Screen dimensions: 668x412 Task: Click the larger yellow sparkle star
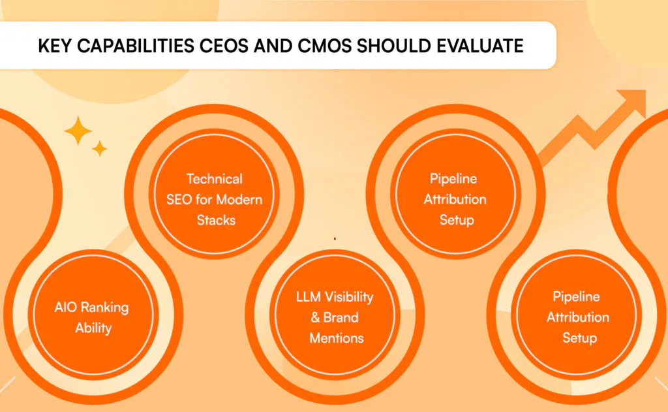point(78,131)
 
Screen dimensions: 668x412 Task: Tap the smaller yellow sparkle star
point(100,148)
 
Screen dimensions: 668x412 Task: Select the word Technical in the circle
point(214,179)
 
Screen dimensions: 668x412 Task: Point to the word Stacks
point(216,220)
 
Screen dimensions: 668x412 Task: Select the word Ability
point(93,328)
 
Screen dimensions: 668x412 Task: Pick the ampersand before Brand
point(315,317)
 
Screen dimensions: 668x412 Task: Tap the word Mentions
point(337,338)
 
